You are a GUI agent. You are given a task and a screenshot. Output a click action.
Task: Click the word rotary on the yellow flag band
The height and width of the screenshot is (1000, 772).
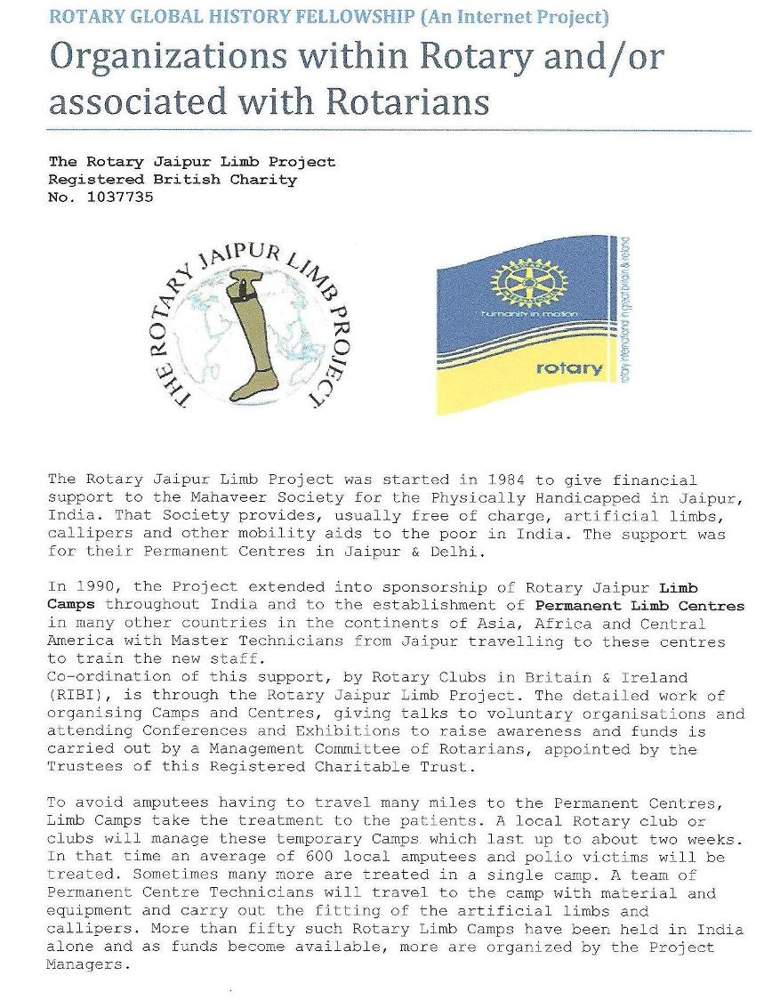pos(569,368)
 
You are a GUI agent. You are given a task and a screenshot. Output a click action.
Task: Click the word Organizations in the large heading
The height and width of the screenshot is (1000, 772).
pos(169,59)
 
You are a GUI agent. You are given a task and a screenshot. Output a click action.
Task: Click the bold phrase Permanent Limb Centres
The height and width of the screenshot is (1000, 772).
pos(640,606)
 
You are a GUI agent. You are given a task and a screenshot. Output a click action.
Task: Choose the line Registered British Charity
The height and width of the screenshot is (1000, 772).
pos(173,180)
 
